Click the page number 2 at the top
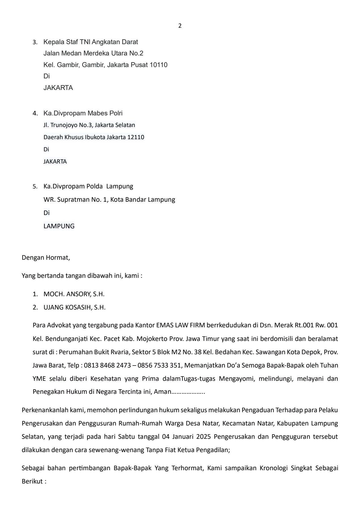tap(180, 26)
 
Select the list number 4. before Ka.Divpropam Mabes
tap(35, 113)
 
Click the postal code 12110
tap(136, 137)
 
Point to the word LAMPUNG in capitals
tap(59, 226)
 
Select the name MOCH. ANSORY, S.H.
tap(74, 294)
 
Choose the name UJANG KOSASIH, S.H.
tap(74, 307)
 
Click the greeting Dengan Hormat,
tap(46, 257)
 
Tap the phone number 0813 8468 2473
tap(107, 365)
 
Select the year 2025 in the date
tap(203, 437)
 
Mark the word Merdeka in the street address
tap(97, 53)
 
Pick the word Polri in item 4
tap(116, 113)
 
